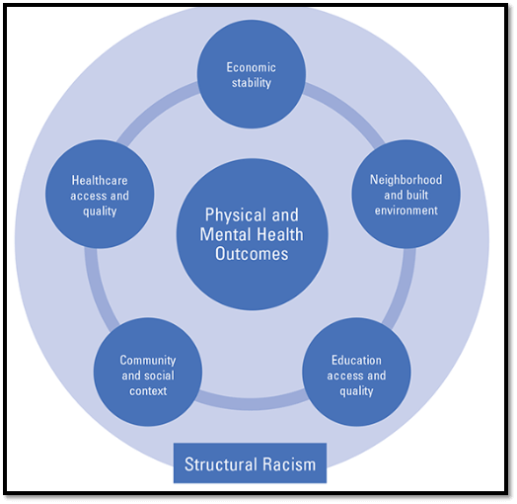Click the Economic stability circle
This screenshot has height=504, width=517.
point(251,75)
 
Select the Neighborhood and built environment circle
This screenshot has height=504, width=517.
point(406,194)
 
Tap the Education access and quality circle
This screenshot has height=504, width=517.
point(356,375)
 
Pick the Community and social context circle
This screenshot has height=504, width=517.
point(147,375)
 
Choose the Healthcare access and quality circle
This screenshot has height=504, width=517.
point(100,194)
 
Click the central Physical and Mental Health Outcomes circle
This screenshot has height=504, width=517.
point(252,234)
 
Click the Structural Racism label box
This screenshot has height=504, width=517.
point(250,463)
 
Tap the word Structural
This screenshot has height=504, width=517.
point(222,463)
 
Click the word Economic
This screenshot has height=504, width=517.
point(251,67)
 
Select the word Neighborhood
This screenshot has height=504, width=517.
point(406,180)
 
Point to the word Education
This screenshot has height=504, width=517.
point(356,361)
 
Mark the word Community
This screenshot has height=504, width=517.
point(147,361)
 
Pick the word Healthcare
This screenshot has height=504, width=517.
point(100,180)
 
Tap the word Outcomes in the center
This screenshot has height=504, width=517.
point(252,254)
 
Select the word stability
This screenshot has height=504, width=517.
point(251,83)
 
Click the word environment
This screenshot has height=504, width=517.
point(406,210)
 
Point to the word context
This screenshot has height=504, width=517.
point(147,390)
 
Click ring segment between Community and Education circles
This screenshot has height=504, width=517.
point(252,404)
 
